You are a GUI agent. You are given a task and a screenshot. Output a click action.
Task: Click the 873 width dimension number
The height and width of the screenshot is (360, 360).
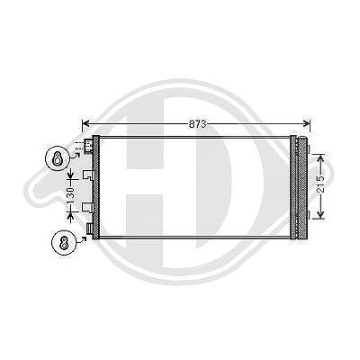coord(198,124)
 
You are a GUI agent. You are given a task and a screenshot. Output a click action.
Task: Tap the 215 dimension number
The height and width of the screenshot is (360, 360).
coord(320,184)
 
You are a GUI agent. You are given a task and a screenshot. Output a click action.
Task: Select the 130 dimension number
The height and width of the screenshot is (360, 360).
coord(70,195)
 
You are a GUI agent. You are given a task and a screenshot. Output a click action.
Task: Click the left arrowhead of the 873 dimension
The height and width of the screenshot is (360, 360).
coord(86,123)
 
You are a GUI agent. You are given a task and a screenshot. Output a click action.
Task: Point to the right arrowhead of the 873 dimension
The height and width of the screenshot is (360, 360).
coord(306,123)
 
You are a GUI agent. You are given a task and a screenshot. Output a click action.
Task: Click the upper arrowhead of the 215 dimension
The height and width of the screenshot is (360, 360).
coord(320,158)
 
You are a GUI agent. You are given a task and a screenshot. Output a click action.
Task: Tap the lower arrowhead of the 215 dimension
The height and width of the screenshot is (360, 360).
coord(320,214)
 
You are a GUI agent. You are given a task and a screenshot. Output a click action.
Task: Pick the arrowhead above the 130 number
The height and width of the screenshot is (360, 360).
coord(70,175)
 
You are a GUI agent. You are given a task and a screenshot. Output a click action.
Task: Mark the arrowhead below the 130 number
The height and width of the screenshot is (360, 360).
coord(70,217)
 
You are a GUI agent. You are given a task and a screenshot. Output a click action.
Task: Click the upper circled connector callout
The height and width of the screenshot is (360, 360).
coord(57,158)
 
